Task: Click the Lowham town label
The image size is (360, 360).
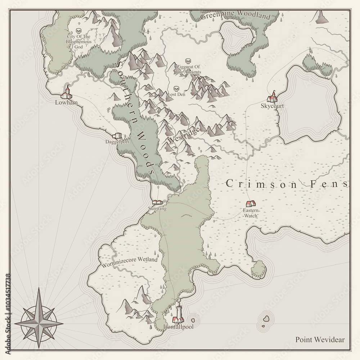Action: (x=64, y=103)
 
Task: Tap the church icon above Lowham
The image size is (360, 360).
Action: (x=66, y=93)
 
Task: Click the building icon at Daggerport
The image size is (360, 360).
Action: (x=117, y=136)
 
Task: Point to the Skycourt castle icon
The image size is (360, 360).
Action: (x=273, y=97)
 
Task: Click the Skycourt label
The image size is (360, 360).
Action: (x=273, y=107)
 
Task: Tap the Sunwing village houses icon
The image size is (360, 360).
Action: (x=158, y=202)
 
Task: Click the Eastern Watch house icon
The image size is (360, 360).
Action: (x=251, y=204)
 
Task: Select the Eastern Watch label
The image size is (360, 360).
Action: (x=250, y=213)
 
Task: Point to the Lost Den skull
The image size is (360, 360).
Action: (x=176, y=89)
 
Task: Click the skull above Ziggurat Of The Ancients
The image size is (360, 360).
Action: (x=187, y=61)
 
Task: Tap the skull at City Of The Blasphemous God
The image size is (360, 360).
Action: (x=79, y=31)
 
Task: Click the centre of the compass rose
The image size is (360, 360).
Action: (x=39, y=317)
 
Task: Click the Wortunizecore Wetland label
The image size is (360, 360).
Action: (x=130, y=260)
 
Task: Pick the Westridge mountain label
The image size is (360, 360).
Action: (x=184, y=135)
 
